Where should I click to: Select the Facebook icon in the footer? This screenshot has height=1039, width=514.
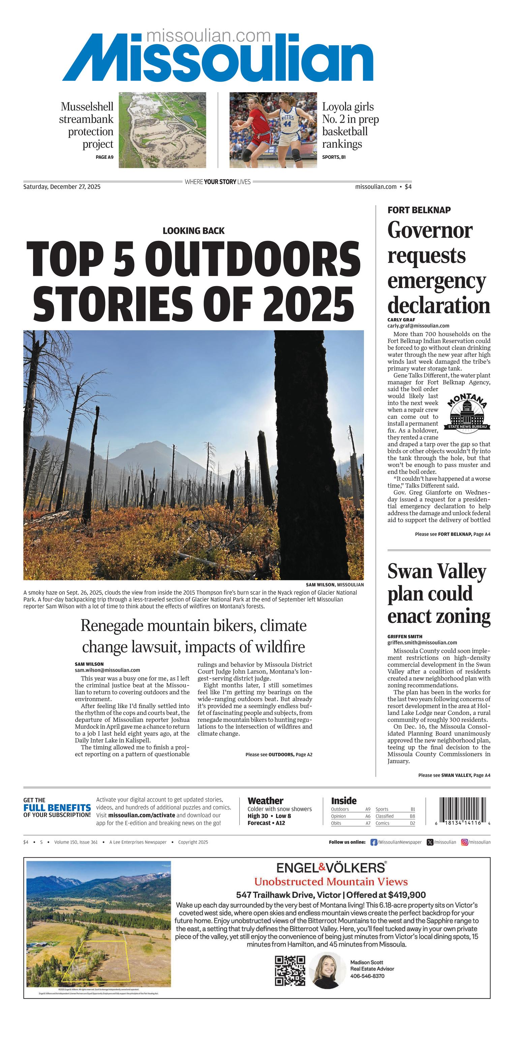[x=373, y=842]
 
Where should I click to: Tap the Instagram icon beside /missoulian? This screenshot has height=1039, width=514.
[x=464, y=842]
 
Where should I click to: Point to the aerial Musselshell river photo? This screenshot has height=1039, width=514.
[x=162, y=130]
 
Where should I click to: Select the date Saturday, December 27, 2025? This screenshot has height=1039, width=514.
[x=62, y=187]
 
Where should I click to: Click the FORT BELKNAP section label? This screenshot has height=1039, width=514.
[x=419, y=210]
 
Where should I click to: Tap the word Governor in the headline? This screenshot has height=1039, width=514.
[x=430, y=230]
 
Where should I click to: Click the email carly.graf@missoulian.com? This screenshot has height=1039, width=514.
[x=418, y=325]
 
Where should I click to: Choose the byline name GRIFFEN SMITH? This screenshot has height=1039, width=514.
[x=405, y=636]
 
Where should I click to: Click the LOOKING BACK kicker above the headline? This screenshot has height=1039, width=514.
[x=193, y=231]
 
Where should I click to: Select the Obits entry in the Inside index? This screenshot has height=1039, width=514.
[x=336, y=823]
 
